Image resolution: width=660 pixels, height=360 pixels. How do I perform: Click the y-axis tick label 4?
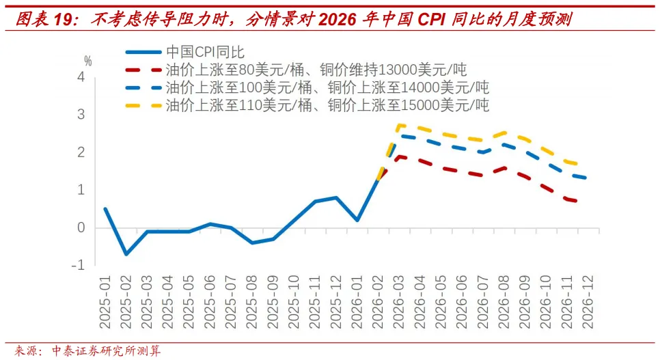81,77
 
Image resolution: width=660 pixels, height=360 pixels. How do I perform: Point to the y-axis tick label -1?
78,265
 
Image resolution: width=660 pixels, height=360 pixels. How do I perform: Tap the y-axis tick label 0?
81,227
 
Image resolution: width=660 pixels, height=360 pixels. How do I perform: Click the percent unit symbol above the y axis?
87,61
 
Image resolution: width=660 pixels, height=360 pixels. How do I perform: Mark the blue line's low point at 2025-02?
126,254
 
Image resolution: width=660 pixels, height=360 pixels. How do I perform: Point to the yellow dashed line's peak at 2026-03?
399,125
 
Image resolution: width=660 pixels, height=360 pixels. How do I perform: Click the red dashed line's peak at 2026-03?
399,156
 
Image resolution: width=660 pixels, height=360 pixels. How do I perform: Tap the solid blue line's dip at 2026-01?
357,220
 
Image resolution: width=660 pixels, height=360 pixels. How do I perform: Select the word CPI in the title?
427,19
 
